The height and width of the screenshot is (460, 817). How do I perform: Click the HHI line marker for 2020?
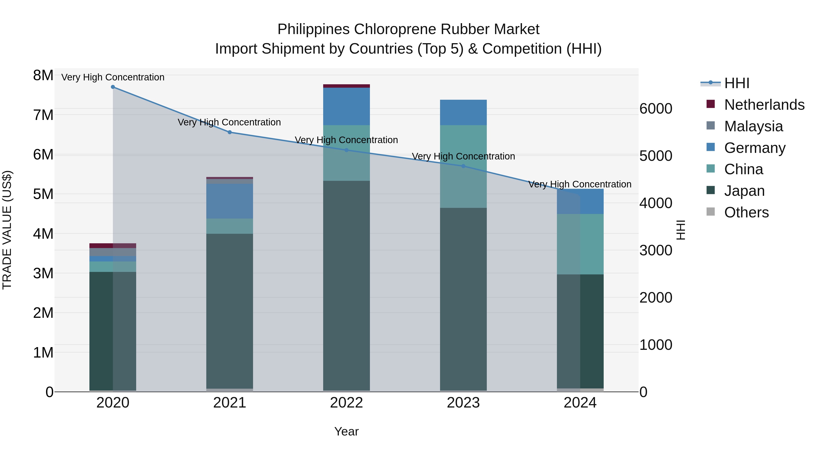113,87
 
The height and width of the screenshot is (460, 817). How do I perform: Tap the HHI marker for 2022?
347,150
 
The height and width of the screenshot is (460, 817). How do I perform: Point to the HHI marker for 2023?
463,166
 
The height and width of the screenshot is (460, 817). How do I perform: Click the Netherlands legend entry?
764,105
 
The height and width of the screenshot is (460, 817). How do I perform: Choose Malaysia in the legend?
753,126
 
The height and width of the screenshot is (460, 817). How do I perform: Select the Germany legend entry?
755,148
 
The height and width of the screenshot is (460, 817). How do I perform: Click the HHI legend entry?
736,83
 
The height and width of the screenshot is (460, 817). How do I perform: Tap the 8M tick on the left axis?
43,76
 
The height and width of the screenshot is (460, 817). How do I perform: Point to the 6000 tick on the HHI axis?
656,109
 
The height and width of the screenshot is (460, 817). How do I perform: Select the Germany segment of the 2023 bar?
463,112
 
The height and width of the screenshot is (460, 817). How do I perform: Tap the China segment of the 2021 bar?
230,226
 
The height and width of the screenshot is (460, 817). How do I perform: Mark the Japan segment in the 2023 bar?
463,298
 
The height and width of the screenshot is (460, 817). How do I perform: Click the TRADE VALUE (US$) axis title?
7,230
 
